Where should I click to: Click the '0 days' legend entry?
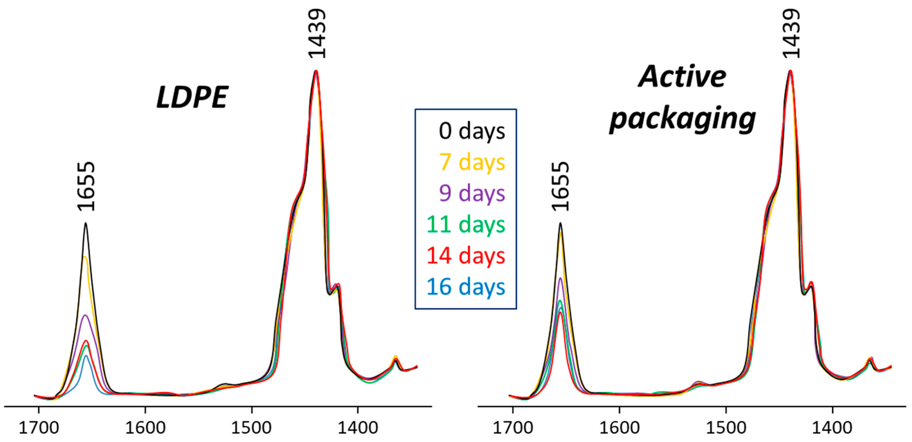(472, 131)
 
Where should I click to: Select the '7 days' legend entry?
(472, 163)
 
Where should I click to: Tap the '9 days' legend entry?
(472, 193)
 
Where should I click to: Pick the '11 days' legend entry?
(466, 225)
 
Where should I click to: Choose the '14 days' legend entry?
(466, 256)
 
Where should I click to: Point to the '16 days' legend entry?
(466, 287)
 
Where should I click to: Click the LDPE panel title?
(192, 97)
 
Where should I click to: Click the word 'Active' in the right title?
(682, 77)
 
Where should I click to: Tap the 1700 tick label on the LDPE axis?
(39, 428)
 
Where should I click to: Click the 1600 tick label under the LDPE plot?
(145, 428)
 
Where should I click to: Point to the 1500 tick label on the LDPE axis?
(251, 428)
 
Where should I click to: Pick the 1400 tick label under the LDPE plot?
(358, 428)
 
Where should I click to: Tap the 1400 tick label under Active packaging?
(832, 428)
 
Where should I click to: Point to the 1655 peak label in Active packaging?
(561, 186)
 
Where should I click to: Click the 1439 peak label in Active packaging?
(791, 34)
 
